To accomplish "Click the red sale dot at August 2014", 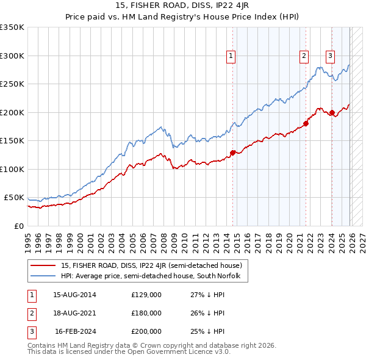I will tap(232, 153).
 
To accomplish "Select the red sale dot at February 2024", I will tap(332, 112).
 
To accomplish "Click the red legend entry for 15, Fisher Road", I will tap(152, 265).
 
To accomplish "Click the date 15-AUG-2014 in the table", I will tap(74, 295).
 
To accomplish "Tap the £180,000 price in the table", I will tap(146, 313).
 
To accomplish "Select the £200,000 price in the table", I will tap(146, 331).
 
